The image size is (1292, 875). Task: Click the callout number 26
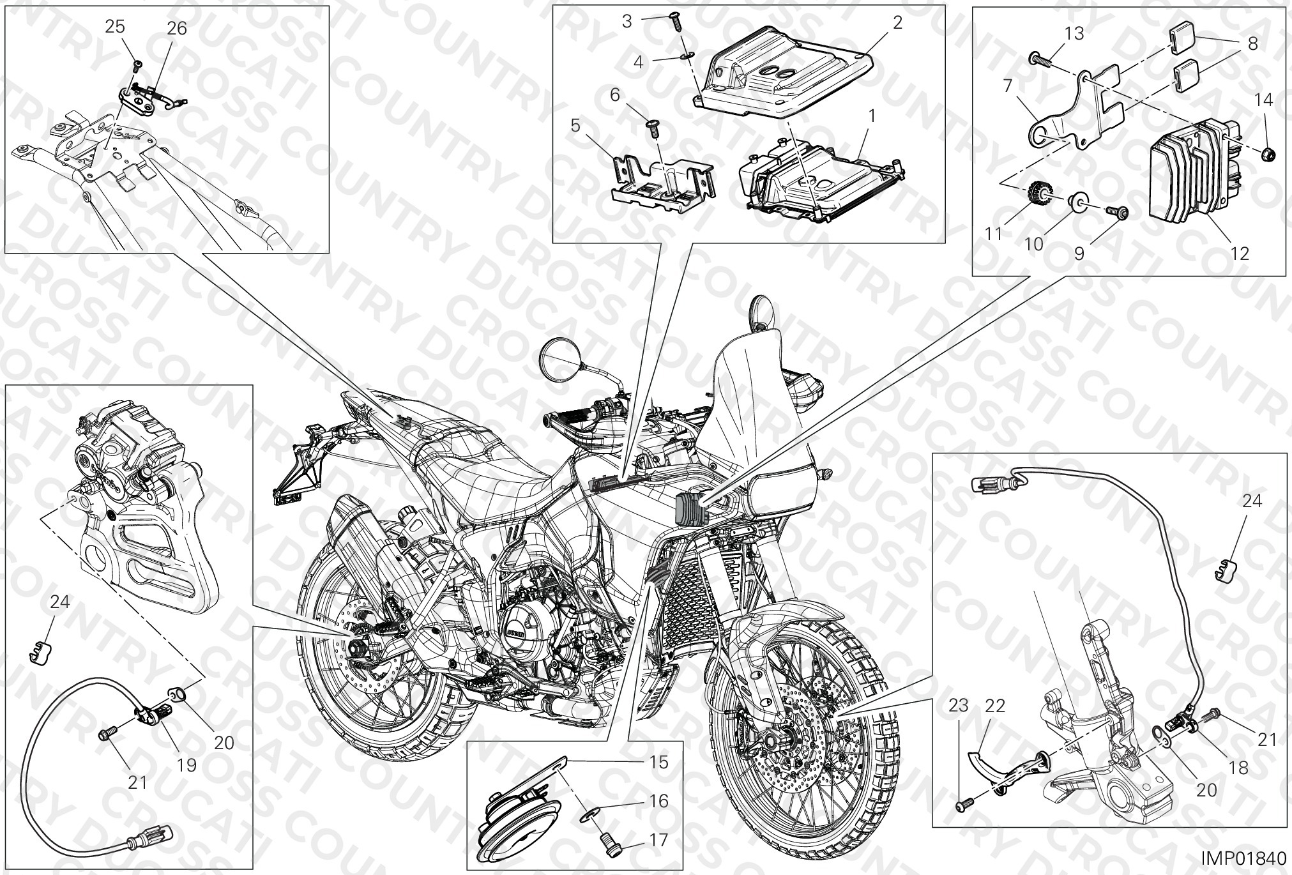(x=177, y=29)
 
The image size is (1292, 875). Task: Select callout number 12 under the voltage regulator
(x=1240, y=254)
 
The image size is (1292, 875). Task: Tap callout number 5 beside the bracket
(x=575, y=126)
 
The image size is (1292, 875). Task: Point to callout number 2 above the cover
(x=897, y=23)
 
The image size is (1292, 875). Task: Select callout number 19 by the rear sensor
(x=186, y=765)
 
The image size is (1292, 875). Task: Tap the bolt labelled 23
(x=962, y=807)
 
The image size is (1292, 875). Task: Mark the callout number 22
(x=995, y=706)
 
